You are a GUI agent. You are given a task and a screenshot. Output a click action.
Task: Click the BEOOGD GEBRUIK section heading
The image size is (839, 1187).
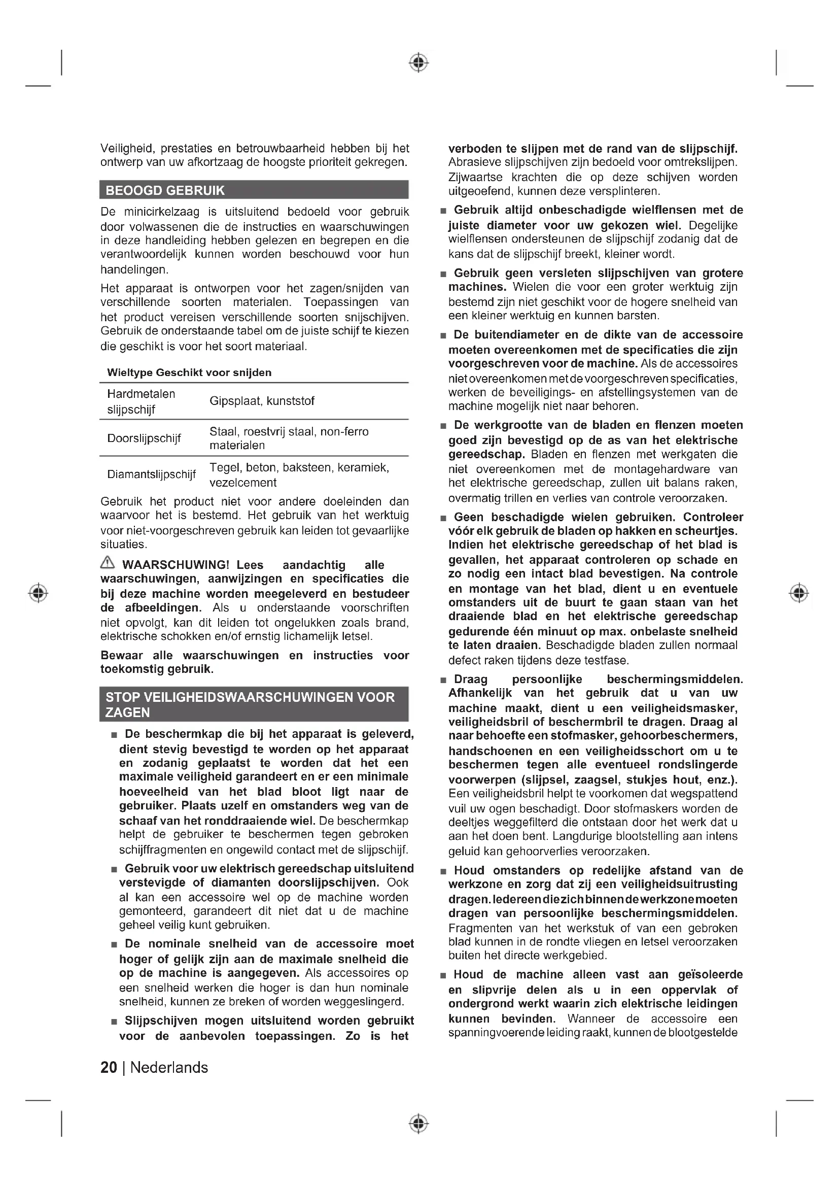165,191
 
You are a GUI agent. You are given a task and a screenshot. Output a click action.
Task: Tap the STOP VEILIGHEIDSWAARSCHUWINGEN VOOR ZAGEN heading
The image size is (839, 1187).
250,704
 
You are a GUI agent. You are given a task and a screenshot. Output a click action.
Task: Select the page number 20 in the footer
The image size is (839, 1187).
109,1068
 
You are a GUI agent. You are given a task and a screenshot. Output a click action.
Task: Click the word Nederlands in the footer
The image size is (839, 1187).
169,1068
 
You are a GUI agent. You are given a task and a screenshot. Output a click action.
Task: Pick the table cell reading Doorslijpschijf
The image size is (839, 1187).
144,438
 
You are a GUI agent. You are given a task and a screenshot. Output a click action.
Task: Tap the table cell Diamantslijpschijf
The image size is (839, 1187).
151,474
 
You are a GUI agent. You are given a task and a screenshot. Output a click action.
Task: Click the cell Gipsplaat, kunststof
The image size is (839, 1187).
262,401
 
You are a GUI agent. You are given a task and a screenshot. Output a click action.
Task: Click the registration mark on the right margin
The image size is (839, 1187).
799,592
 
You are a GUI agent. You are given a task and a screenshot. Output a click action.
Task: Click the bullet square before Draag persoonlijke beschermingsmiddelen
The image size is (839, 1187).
443,681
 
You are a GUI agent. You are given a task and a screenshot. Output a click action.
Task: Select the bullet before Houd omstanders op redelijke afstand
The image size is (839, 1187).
443,872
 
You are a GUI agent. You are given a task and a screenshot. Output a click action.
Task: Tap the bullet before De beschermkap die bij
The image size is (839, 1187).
114,735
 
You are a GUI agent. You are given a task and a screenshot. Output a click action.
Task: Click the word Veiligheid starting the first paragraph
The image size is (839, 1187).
127,148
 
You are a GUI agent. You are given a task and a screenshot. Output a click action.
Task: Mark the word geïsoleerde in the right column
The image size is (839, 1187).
710,974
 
